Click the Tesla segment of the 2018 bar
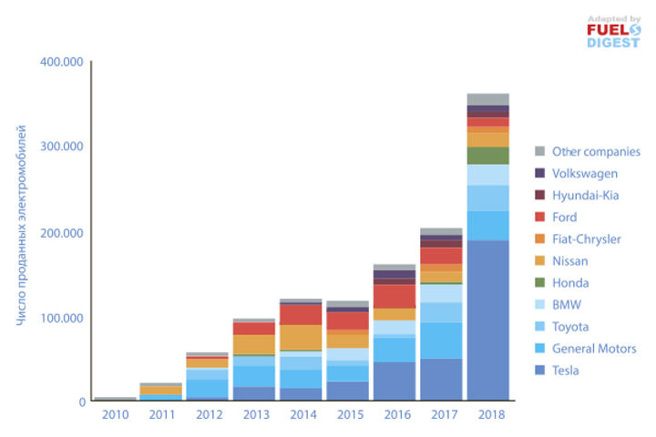(x=487, y=319)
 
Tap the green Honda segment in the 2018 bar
(x=487, y=156)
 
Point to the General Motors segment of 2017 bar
(x=440, y=340)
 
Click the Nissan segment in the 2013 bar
(x=253, y=344)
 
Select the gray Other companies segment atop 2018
(x=487, y=99)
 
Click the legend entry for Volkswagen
(x=584, y=173)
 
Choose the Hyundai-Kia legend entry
(x=584, y=195)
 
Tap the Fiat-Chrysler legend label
(x=586, y=239)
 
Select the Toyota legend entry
(x=569, y=327)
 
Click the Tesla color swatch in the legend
(x=540, y=371)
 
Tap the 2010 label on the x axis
(x=115, y=414)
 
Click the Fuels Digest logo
(x=613, y=33)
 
